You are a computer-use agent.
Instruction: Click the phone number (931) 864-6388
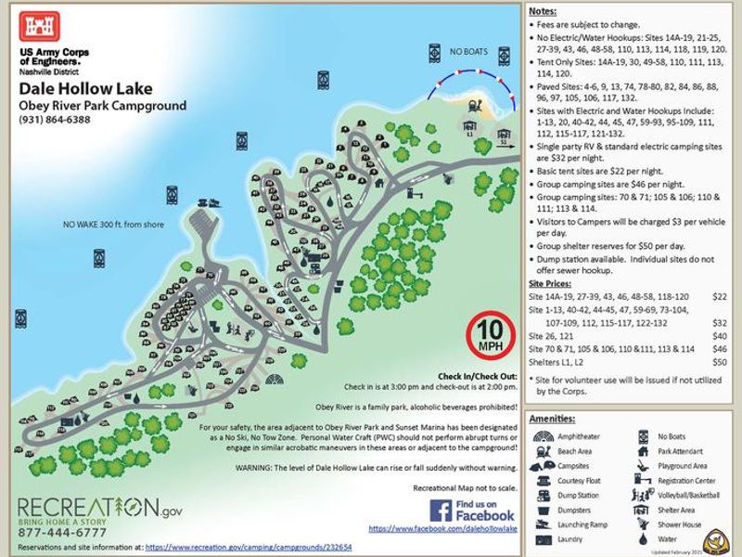click(x=55, y=119)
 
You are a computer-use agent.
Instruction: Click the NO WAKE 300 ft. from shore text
click(x=114, y=224)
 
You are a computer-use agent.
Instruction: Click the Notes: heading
click(x=543, y=10)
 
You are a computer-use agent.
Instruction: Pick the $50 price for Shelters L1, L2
click(x=719, y=362)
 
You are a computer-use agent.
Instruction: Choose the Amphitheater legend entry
click(x=578, y=435)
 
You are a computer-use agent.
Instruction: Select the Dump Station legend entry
click(x=578, y=496)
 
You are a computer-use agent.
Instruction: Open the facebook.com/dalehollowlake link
click(x=442, y=528)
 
